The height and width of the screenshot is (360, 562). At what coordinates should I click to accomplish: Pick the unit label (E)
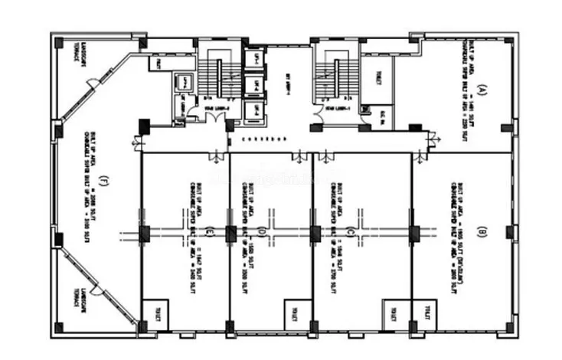coord(208,231)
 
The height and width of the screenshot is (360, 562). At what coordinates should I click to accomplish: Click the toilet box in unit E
coord(155,314)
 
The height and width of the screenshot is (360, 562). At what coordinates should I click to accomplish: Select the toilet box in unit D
coord(294,314)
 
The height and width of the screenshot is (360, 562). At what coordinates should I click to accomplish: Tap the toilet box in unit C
coord(392,314)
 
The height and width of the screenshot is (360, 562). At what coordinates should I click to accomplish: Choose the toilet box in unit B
coord(424,314)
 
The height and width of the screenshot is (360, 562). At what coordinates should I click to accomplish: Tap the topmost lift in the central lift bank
coord(253,57)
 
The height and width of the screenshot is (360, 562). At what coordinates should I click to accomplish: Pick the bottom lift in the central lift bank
coord(253,108)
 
